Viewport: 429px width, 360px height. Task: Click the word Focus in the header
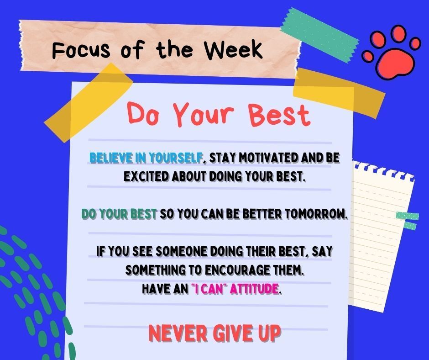pos(81,50)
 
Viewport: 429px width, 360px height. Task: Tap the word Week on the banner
pos(234,49)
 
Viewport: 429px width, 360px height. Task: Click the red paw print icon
pos(391,52)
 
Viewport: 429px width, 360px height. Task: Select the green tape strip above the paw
pos(319,35)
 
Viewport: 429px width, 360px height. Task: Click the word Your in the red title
pos(204,113)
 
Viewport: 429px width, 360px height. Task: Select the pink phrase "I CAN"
pos(208,289)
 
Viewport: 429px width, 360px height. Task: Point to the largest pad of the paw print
pos(394,64)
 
